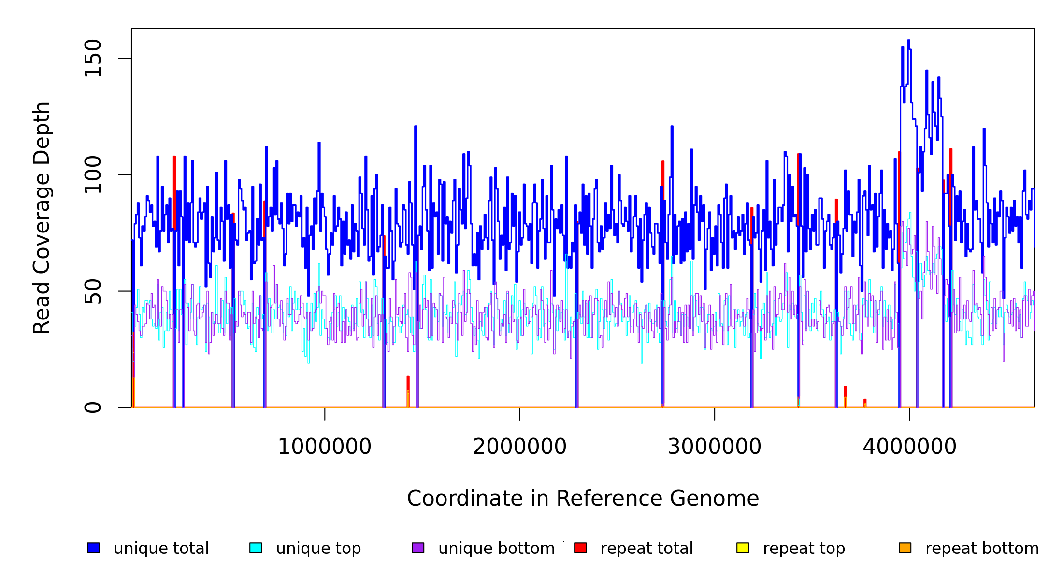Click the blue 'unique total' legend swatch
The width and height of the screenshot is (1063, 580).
(93, 548)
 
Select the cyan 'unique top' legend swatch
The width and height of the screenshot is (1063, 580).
(256, 548)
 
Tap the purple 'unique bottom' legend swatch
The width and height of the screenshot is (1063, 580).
(418, 548)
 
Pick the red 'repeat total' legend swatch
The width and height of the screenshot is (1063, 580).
(580, 548)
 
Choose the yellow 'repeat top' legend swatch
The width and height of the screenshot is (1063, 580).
(743, 548)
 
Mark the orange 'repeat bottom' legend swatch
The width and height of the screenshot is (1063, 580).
(905, 548)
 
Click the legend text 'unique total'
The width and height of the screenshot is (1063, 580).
(161, 549)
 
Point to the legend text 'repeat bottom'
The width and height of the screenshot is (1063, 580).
(982, 549)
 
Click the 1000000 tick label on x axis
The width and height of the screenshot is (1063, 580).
(325, 447)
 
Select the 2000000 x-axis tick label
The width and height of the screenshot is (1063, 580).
(520, 447)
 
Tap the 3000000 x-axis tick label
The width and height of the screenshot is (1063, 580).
(715, 447)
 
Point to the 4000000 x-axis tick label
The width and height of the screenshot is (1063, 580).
(910, 447)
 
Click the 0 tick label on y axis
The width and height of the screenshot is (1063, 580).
(93, 407)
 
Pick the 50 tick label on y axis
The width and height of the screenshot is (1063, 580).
(93, 291)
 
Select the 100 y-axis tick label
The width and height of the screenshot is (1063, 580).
(93, 175)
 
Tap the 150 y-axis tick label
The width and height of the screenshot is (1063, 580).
(93, 58)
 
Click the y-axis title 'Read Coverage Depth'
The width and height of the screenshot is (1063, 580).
(42, 217)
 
